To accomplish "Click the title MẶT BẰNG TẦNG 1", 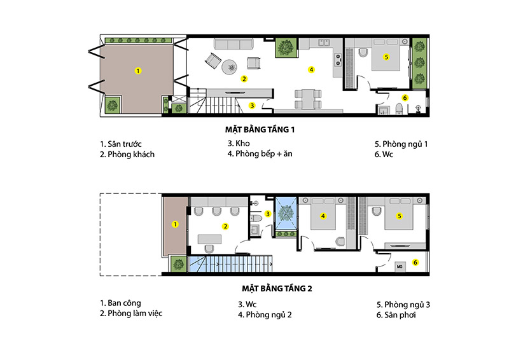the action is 260,130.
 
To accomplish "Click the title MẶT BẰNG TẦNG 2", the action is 277,288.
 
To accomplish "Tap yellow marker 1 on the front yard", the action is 138,71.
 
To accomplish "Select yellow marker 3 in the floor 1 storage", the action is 252,106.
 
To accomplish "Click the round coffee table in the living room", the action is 230,67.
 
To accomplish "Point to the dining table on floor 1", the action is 308,99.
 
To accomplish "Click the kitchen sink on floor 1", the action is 324,42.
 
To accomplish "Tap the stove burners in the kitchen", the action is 338,59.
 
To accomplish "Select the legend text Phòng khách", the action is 131,155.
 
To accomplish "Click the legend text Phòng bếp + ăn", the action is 264,154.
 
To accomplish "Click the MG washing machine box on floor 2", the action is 400,267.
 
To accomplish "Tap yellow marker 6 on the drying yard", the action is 415,262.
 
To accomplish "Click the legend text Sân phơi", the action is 400,315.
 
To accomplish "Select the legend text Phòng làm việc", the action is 135,314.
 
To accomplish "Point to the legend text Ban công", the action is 124,303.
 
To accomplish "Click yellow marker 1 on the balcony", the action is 175,225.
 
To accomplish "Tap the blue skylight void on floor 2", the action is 286,214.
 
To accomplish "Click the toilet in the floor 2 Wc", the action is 256,217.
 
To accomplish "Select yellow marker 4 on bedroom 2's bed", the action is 323,216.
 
